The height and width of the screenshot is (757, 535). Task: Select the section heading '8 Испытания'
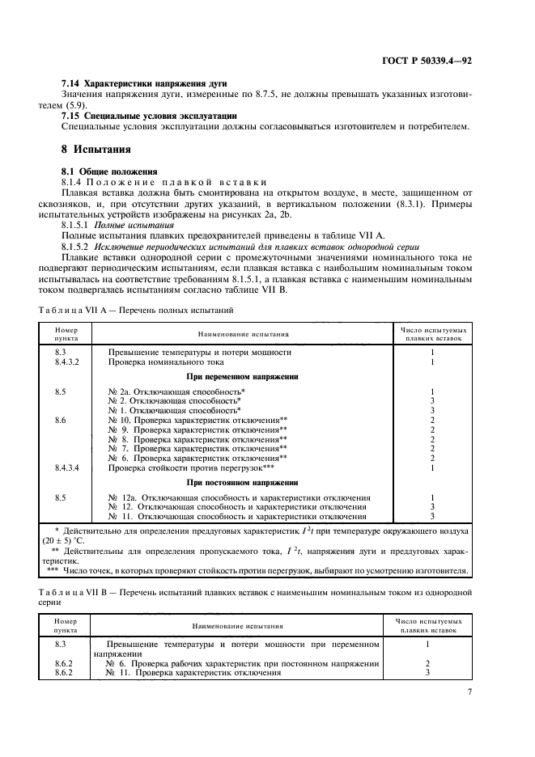point(96,150)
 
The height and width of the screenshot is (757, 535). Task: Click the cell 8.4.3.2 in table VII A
point(67,362)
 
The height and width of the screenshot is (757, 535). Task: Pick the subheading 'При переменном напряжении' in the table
point(242,376)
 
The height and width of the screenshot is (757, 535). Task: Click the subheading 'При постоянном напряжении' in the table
point(242,482)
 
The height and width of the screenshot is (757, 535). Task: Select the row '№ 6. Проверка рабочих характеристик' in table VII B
point(243,663)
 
